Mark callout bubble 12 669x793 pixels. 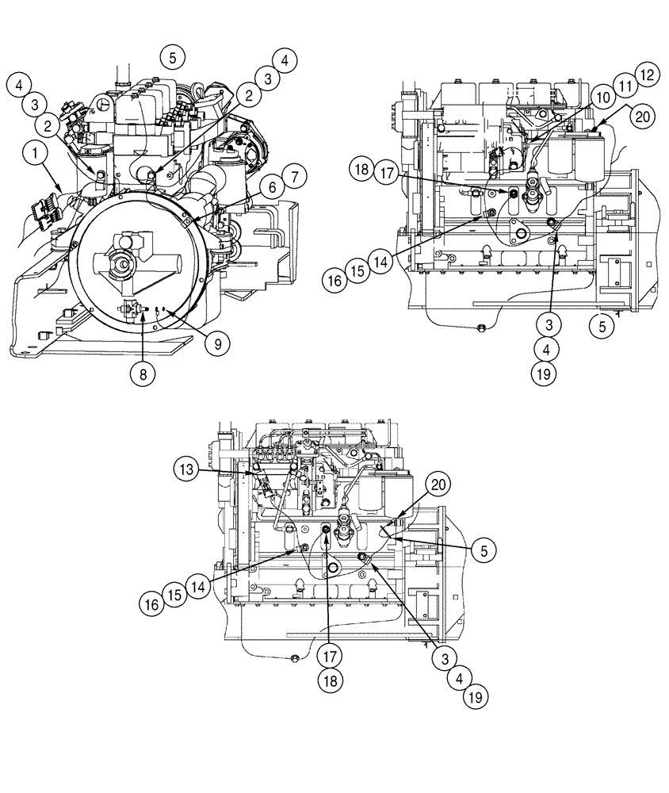[648, 75]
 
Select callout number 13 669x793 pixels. [186, 469]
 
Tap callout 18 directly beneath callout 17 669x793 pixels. [330, 681]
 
